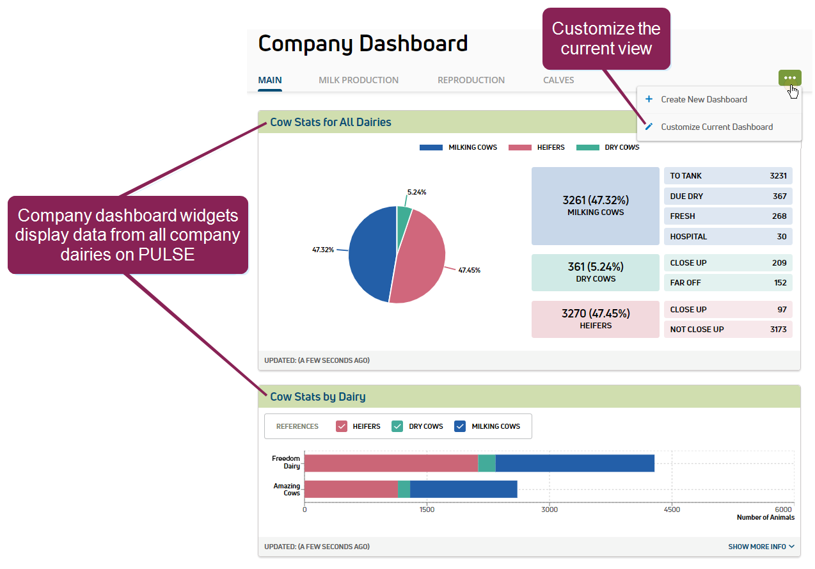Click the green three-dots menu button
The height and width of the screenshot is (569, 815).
click(789, 78)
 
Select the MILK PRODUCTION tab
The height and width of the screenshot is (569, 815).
click(358, 81)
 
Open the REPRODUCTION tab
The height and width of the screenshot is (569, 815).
click(471, 81)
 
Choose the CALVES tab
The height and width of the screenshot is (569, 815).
click(558, 81)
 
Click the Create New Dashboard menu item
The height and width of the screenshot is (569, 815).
click(704, 100)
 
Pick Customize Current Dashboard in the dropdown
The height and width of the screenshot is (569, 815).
click(716, 127)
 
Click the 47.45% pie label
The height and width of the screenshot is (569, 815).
click(469, 270)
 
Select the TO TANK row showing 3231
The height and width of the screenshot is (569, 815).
click(728, 176)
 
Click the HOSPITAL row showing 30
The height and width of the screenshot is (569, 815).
click(728, 237)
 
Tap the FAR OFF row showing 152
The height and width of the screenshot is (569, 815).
click(728, 283)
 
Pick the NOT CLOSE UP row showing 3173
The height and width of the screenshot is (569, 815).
click(728, 330)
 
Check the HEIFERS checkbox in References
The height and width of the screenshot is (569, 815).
click(342, 426)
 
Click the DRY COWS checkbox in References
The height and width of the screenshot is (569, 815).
click(397, 426)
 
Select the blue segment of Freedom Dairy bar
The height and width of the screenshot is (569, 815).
click(574, 463)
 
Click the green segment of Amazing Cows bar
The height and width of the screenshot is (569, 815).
click(404, 489)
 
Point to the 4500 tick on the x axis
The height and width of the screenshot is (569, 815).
click(672, 509)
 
